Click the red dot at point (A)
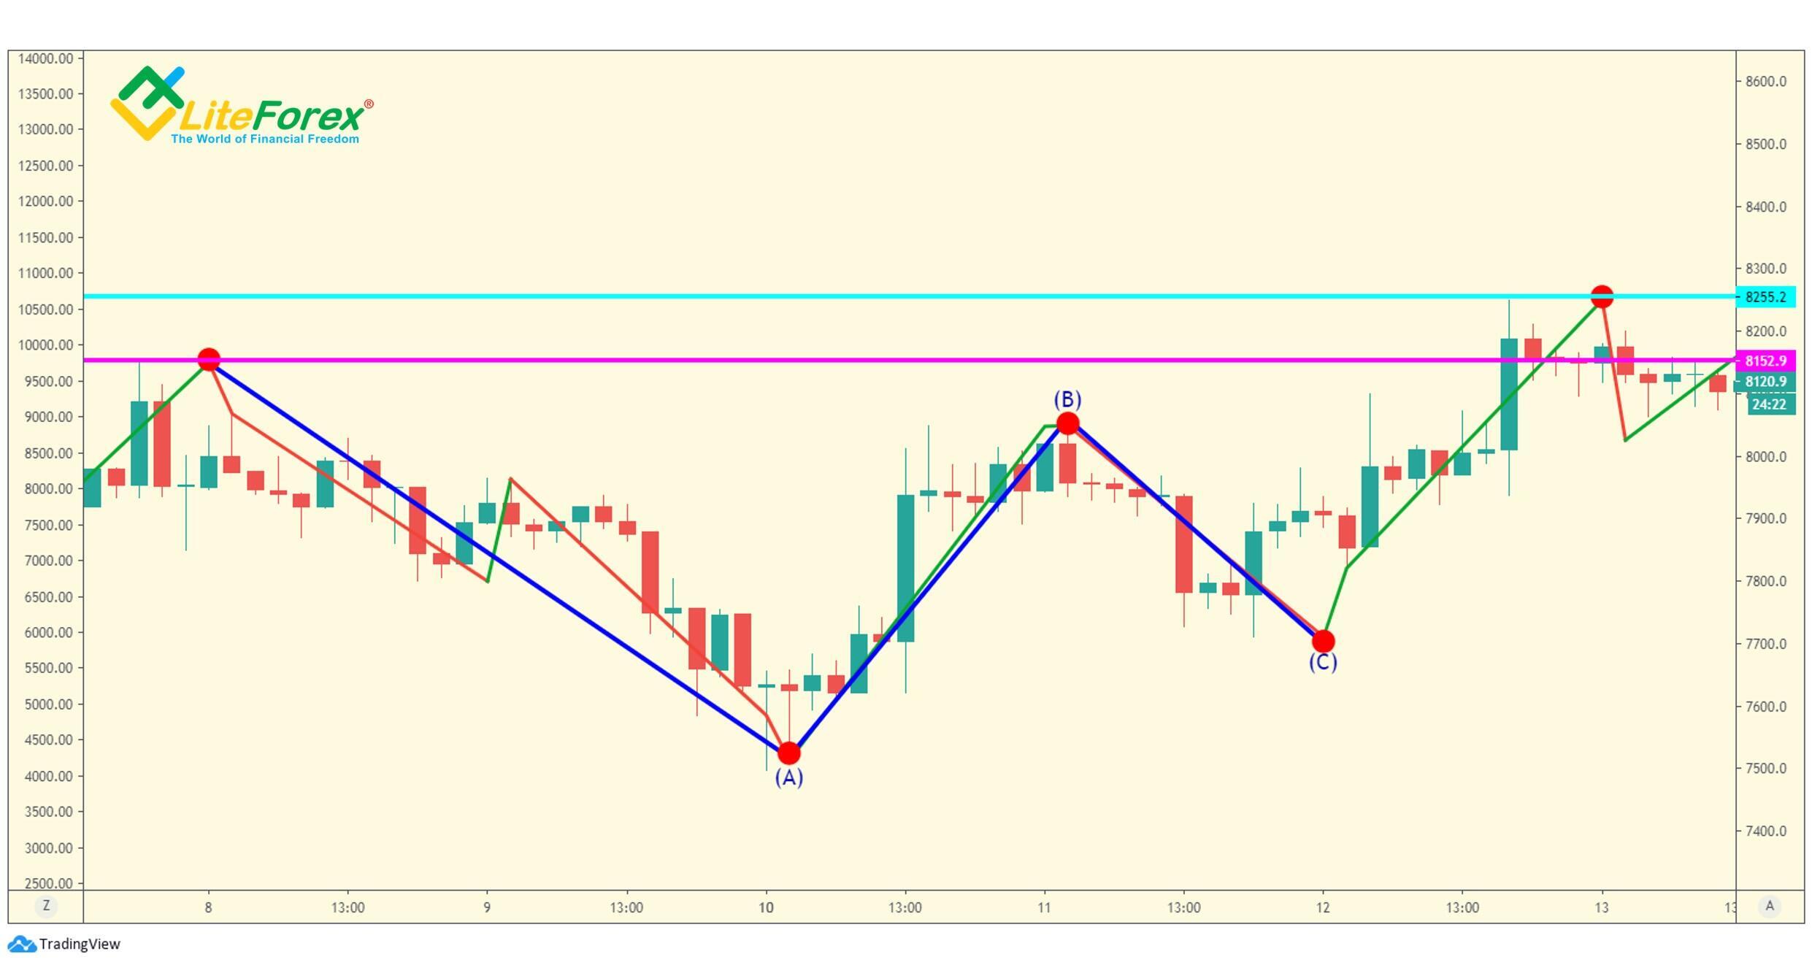pos(788,753)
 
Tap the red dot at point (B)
pos(1067,423)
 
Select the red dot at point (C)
pos(1323,641)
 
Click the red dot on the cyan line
pos(1602,297)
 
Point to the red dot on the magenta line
pos(209,360)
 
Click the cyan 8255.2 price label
pos(1765,297)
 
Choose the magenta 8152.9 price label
pos(1765,361)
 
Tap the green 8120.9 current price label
pos(1765,382)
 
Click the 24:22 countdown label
pos(1770,404)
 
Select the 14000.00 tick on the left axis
pos(45,58)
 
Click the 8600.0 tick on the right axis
pos(1765,81)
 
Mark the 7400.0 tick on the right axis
pos(1765,831)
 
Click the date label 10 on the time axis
pos(766,907)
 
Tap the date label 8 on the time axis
pos(209,907)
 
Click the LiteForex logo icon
pos(147,103)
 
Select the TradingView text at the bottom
pos(80,944)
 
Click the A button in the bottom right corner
pos(1770,906)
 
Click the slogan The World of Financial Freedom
pos(265,139)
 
